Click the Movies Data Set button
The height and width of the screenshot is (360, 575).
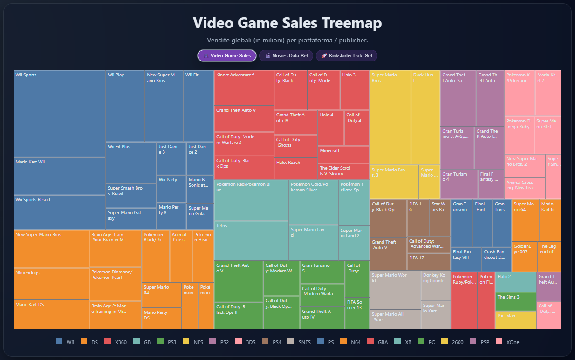tap(287, 56)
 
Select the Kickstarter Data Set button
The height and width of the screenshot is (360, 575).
tap(346, 56)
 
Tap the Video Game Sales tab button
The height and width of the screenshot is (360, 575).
tap(226, 56)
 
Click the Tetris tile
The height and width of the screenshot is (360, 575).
tap(251, 240)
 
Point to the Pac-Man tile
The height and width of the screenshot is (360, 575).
tap(515, 320)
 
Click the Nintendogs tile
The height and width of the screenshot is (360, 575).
tap(51, 284)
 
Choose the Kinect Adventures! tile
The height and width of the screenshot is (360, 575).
tap(244, 88)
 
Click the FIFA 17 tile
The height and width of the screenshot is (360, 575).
tap(428, 261)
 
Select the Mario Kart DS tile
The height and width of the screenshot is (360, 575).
tap(51, 314)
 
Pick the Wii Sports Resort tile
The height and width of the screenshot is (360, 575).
tap(59, 212)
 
